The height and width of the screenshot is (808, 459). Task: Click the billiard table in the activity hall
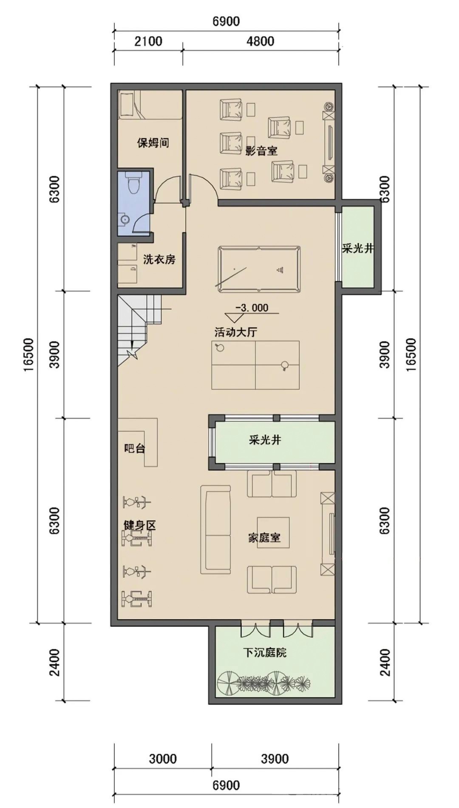(259, 269)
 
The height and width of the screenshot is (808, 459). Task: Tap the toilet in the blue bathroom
(135, 184)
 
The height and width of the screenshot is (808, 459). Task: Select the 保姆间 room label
(153, 142)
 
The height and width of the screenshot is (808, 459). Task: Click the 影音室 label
(261, 150)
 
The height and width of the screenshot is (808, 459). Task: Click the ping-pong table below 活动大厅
(255, 364)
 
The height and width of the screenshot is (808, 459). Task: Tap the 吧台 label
(134, 448)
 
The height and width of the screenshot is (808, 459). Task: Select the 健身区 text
(139, 525)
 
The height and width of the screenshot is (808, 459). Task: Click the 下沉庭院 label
(265, 652)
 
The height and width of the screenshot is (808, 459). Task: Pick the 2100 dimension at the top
(148, 41)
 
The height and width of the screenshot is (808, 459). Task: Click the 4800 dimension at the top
(260, 41)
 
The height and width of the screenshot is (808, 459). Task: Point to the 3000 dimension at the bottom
(163, 758)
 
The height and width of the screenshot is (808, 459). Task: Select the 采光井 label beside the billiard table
(357, 249)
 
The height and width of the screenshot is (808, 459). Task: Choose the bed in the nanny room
(150, 105)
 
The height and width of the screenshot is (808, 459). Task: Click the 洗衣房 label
(159, 259)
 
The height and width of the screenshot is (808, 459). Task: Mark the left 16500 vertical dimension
(28, 355)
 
